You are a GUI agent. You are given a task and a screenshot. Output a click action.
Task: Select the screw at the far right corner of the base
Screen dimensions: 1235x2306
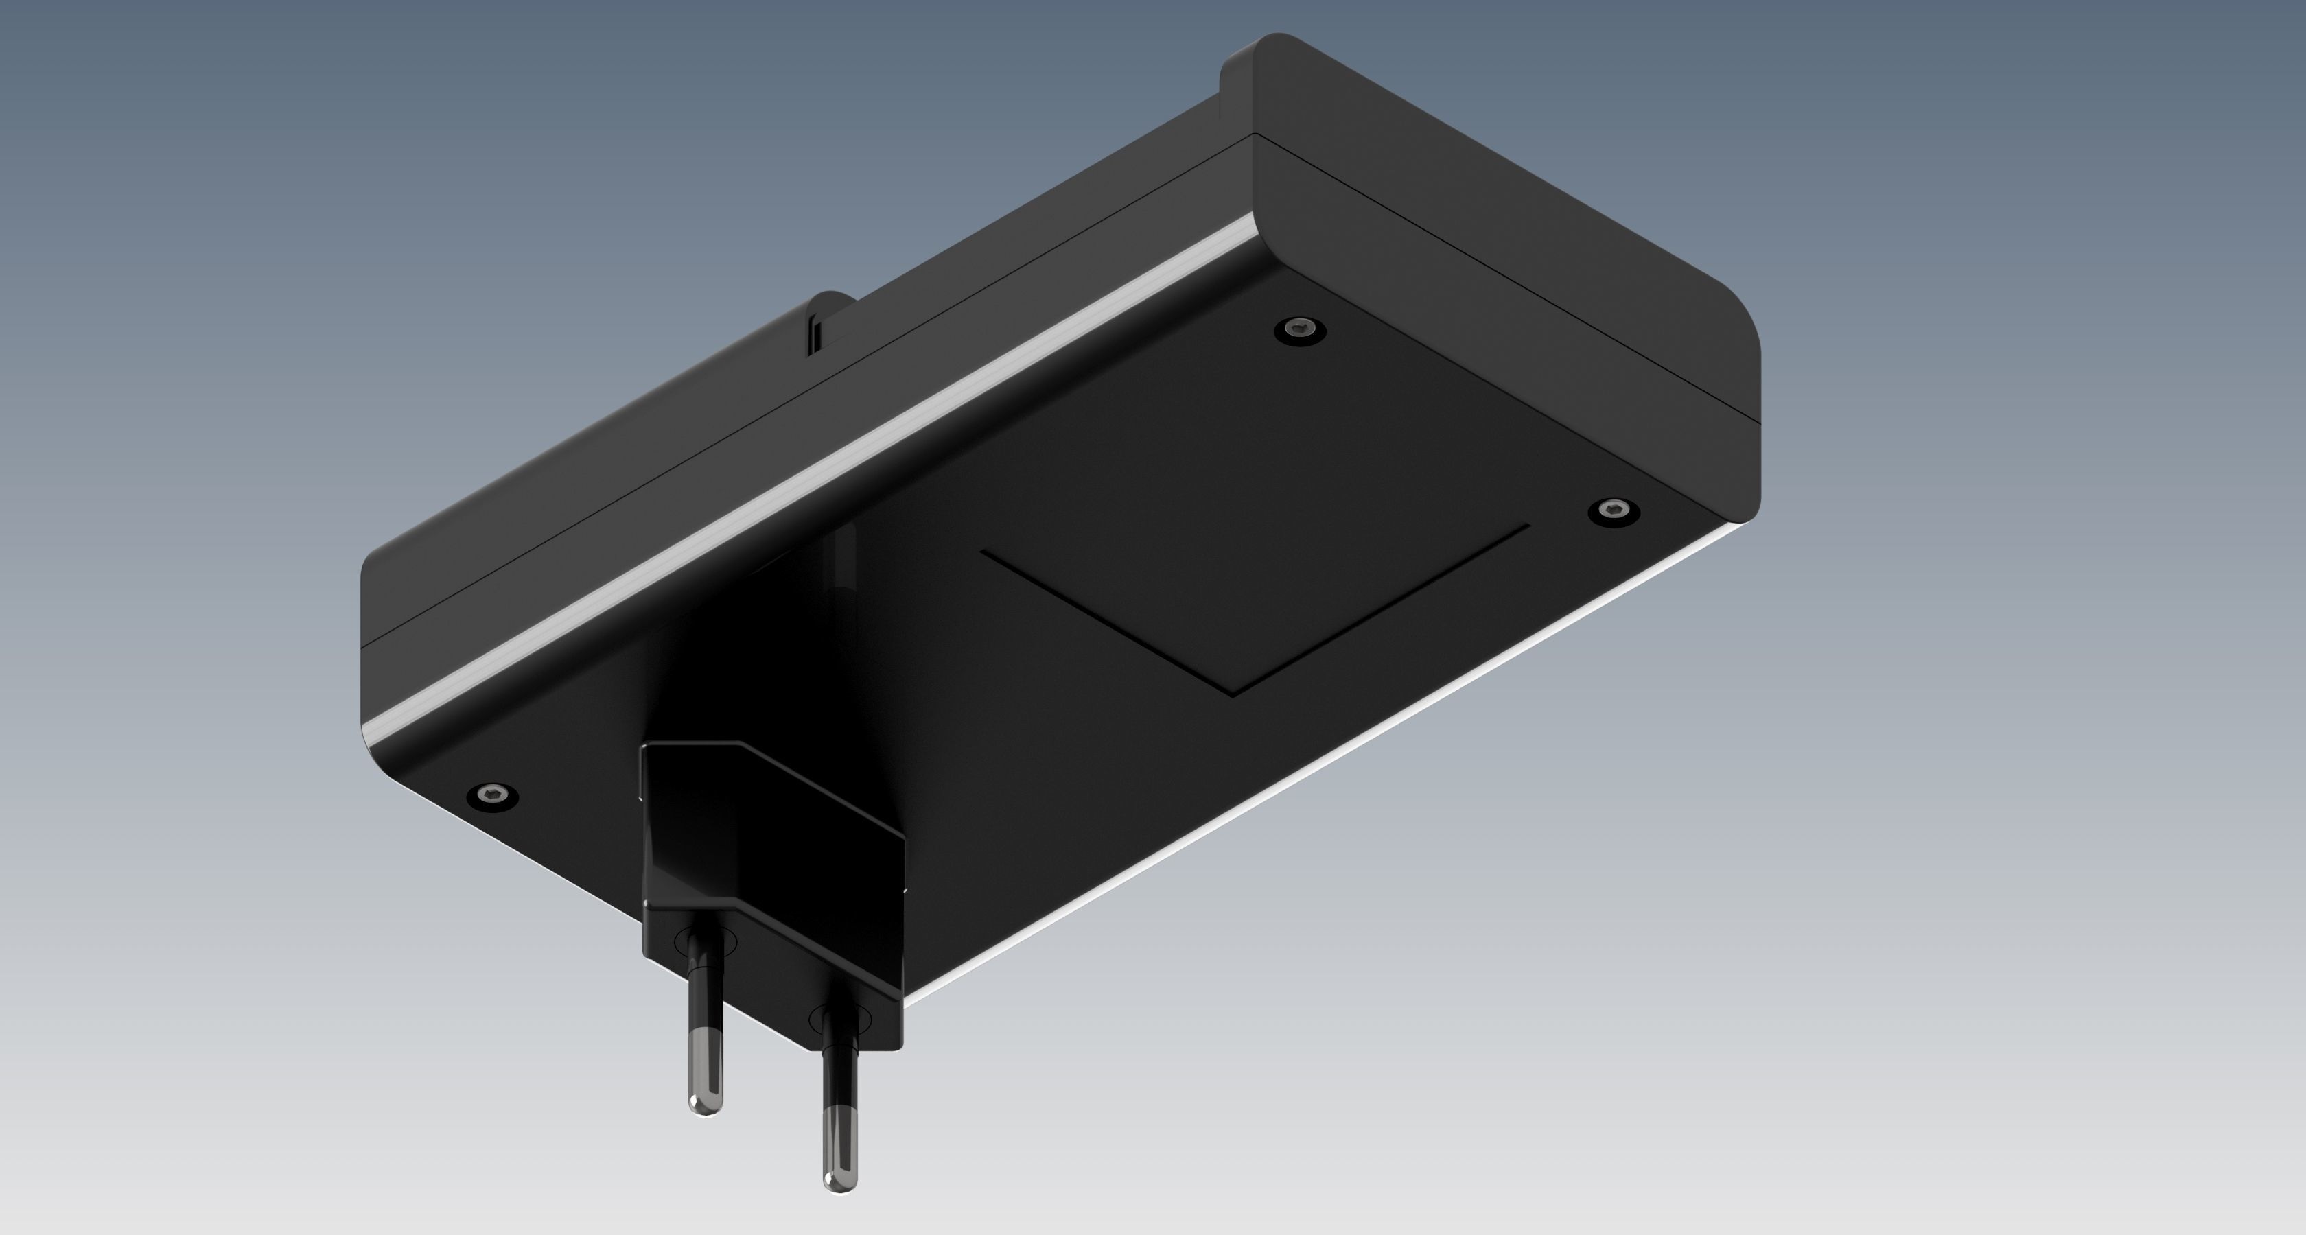click(x=1614, y=512)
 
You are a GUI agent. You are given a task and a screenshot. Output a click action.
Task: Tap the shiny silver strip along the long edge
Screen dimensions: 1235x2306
click(x=806, y=465)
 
